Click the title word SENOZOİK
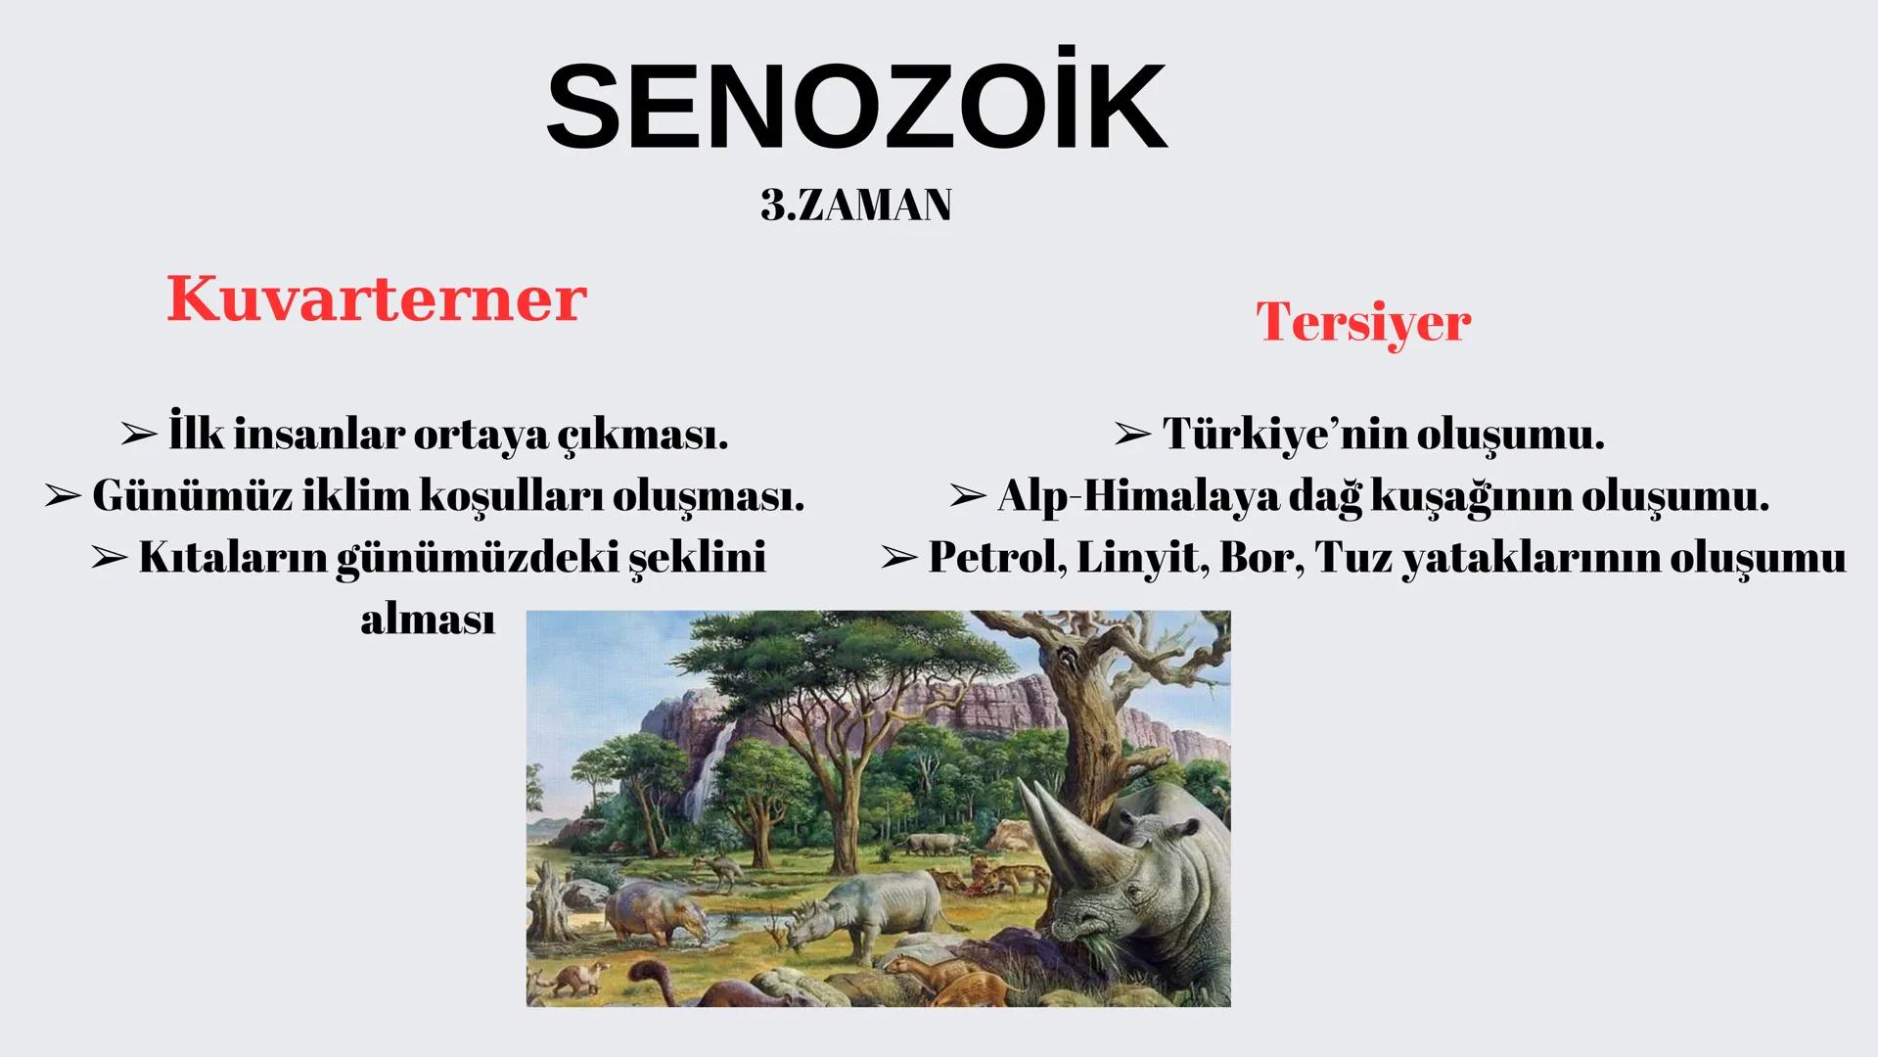pos(856,107)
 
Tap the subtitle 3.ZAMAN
pos(855,206)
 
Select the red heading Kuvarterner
pos(376,299)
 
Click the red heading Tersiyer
pos(1362,322)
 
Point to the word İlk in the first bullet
pos(197,434)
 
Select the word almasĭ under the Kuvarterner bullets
pos(428,620)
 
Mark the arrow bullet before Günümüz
pos(63,496)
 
